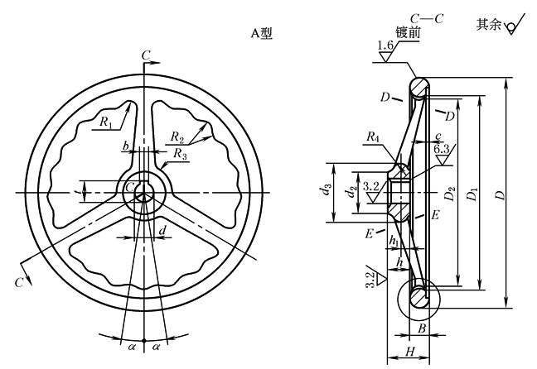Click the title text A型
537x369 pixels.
tap(262, 34)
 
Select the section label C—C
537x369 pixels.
tap(427, 18)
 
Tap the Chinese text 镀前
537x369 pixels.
tap(408, 32)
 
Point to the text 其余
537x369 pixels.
tap(489, 24)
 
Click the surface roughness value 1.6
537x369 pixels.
tap(385, 46)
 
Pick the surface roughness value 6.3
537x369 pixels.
tap(442, 149)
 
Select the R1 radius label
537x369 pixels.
tap(106, 122)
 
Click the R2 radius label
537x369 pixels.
tap(177, 137)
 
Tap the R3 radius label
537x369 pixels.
tap(180, 154)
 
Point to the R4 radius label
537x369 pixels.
tap(373, 137)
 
